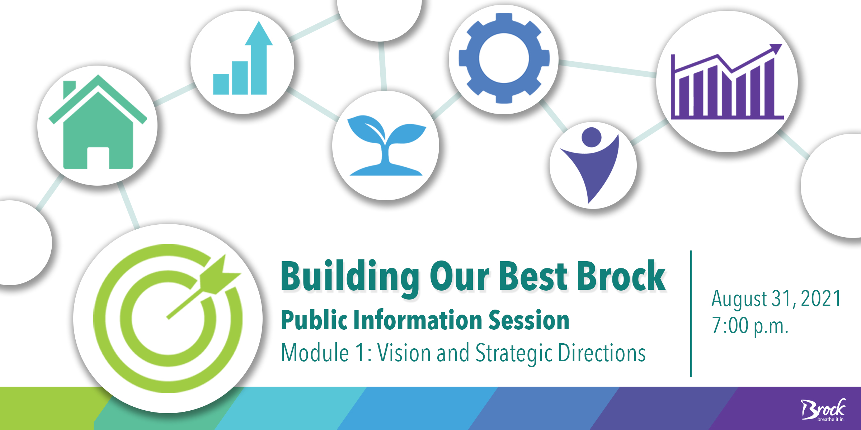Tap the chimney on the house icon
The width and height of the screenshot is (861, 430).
tap(69, 89)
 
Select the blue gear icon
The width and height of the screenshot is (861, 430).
tap(504, 58)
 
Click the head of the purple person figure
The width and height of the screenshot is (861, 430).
tap(591, 137)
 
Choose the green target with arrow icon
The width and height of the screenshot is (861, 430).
tap(168, 319)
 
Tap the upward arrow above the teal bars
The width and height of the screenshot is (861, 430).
tap(259, 57)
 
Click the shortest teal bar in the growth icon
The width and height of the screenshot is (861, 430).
tap(221, 84)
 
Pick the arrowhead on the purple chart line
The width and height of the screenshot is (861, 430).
tap(776, 49)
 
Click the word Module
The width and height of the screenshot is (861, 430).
tap(315, 353)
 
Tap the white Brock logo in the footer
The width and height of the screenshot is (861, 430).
tap(823, 409)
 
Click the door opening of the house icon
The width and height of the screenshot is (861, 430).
tap(98, 158)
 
